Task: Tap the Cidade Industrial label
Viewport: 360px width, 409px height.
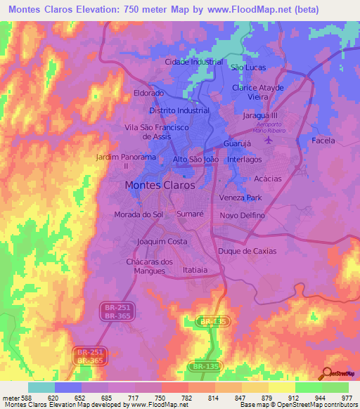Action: [x=193, y=62]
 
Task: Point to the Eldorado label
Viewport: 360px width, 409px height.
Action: [x=148, y=93]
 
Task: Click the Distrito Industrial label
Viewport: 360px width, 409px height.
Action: [x=179, y=110]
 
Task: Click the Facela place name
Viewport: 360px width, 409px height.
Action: [x=323, y=141]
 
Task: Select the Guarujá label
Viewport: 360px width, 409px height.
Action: [x=237, y=143]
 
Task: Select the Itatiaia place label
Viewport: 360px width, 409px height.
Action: [x=195, y=269]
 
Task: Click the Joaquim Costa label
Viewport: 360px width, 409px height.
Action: [x=162, y=241]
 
